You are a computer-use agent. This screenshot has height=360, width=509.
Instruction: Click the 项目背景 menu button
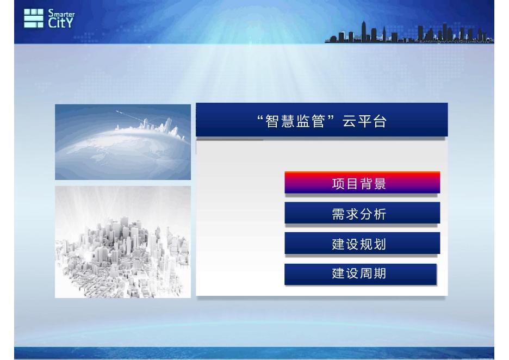click(x=362, y=182)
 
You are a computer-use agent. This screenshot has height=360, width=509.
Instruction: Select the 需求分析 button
click(x=362, y=213)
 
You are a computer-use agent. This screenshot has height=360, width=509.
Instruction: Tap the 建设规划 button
click(x=362, y=243)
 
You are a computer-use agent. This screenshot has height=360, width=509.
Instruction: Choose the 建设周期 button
click(x=361, y=274)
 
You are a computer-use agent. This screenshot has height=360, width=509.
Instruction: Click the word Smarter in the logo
click(x=61, y=14)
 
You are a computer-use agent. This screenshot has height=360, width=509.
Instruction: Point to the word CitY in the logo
click(x=61, y=23)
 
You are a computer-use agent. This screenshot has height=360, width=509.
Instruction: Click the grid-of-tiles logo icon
click(x=33, y=18)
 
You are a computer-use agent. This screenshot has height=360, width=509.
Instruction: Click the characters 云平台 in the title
click(x=364, y=121)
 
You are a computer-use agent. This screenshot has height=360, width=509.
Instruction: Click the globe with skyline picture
click(x=123, y=142)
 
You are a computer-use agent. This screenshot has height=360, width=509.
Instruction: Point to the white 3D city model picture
click(x=123, y=242)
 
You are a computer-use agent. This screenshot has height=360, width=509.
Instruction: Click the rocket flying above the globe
click(x=121, y=113)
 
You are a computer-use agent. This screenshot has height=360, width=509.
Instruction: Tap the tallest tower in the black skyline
click(x=364, y=31)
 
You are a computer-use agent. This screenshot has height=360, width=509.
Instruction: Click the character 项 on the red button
click(x=338, y=184)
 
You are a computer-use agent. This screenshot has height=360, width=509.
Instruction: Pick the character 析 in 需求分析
click(x=380, y=214)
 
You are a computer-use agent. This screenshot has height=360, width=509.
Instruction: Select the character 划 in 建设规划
click(x=380, y=244)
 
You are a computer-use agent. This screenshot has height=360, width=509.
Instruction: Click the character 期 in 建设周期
click(x=380, y=274)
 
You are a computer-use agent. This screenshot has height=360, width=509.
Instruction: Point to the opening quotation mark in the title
click(x=260, y=117)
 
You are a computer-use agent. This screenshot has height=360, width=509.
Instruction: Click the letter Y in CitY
click(x=69, y=23)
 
